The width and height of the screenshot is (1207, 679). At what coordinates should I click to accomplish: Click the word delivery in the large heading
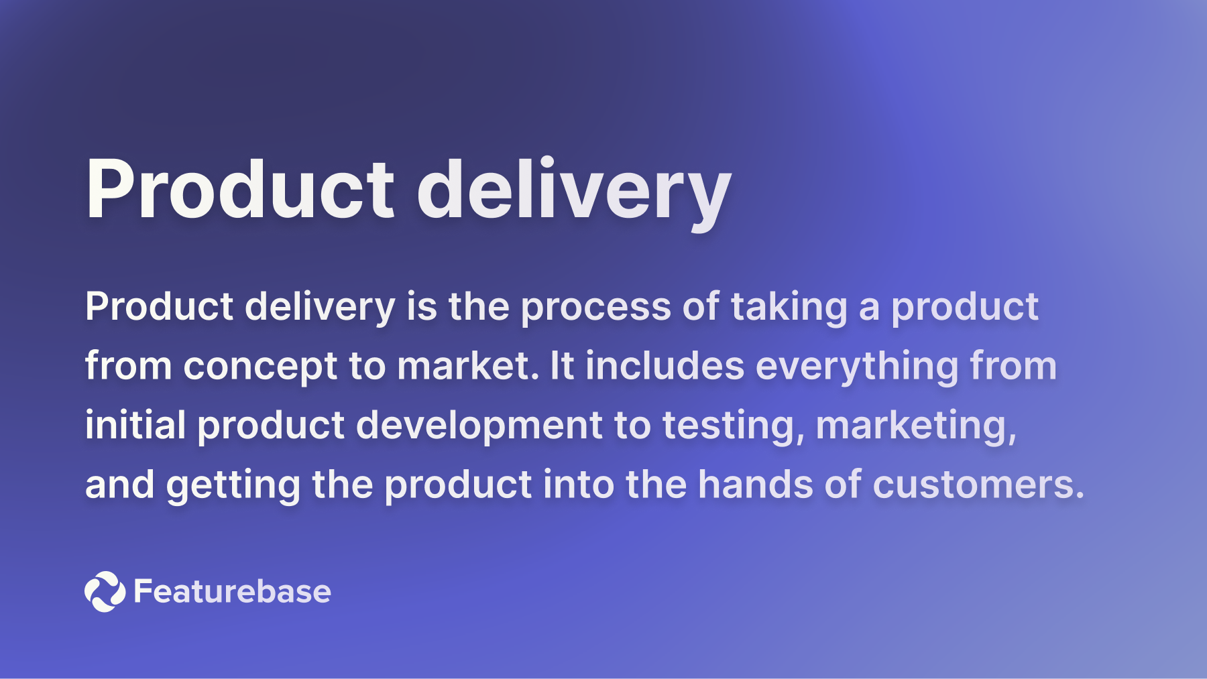pyautogui.click(x=573, y=190)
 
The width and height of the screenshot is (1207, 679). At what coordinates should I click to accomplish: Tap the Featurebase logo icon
pyautogui.click(x=105, y=591)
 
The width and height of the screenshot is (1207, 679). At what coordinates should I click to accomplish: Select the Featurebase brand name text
pyautogui.click(x=232, y=591)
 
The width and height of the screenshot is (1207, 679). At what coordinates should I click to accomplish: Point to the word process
pyautogui.click(x=595, y=308)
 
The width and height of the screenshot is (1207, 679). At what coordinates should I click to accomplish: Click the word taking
pyautogui.click(x=789, y=308)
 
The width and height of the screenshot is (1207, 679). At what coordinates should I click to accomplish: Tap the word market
pyautogui.click(x=467, y=366)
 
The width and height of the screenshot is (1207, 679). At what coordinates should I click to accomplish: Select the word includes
pyautogui.click(x=665, y=366)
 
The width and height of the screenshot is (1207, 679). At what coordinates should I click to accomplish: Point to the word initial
pyautogui.click(x=135, y=425)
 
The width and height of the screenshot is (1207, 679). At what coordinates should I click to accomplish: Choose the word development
pyautogui.click(x=479, y=426)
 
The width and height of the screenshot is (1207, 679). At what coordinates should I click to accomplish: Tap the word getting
pyautogui.click(x=233, y=485)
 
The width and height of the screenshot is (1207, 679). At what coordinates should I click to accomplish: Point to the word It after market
pyautogui.click(x=562, y=366)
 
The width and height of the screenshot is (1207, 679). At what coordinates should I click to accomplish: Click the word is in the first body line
pyautogui.click(x=422, y=307)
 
